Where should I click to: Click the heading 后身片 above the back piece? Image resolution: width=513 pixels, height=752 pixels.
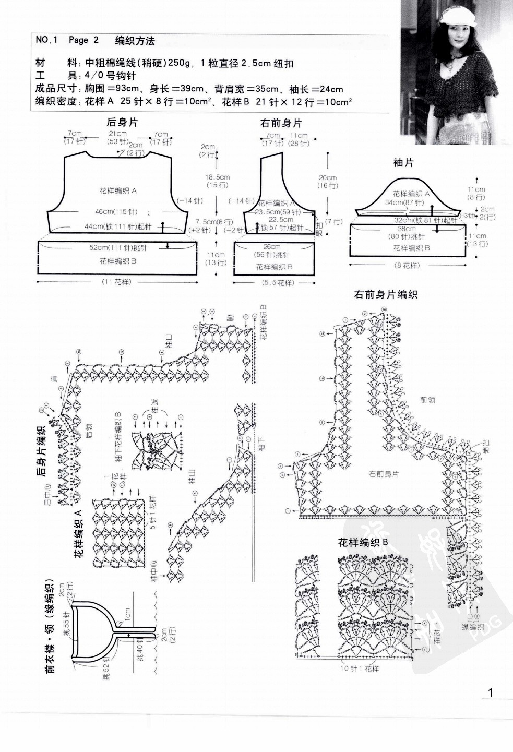[122, 123]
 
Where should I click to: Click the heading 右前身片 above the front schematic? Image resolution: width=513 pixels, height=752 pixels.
[281, 124]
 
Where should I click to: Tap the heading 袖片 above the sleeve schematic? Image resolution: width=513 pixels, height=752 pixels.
[403, 163]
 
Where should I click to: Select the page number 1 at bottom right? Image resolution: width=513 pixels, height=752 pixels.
[490, 693]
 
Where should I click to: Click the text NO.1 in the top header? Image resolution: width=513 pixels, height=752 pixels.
[47, 40]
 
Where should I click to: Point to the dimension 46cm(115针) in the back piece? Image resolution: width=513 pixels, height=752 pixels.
[115, 212]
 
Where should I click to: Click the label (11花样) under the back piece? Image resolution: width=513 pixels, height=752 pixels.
[116, 282]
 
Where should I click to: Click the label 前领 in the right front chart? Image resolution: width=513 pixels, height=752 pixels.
[427, 400]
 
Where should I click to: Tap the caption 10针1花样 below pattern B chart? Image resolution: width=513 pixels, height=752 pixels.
[360, 669]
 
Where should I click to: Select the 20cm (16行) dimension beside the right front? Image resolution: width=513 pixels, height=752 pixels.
[328, 182]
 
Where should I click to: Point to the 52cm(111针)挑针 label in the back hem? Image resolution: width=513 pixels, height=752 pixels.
[118, 248]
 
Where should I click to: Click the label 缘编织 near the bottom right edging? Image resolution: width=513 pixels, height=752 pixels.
[473, 627]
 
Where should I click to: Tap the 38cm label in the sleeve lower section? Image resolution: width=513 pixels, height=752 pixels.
[407, 229]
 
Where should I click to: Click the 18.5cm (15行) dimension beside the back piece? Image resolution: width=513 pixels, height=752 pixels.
[217, 181]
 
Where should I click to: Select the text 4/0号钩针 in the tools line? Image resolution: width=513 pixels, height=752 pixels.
[110, 76]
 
